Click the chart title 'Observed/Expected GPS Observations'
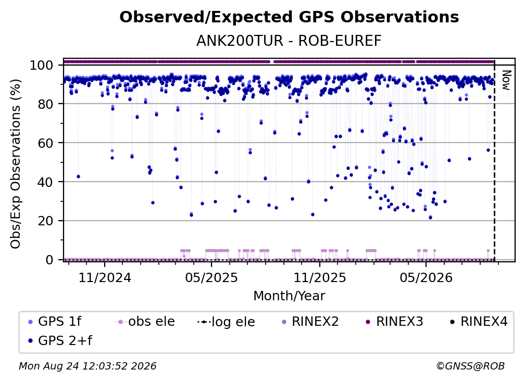pyautogui.click(x=289, y=17)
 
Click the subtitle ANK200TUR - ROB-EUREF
pyautogui.click(x=289, y=41)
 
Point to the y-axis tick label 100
pyautogui.click(x=42, y=65)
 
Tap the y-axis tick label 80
pyautogui.click(x=45, y=104)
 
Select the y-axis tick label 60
pyautogui.click(x=45, y=143)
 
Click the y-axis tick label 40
pyautogui.click(x=45, y=182)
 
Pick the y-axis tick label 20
pyautogui.click(x=45, y=221)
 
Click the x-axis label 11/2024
pyautogui.click(x=105, y=277)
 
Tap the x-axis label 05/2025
pyautogui.click(x=211, y=277)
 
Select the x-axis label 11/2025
pyautogui.click(x=320, y=277)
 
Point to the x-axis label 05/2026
pyautogui.click(x=426, y=277)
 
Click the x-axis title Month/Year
pyautogui.click(x=289, y=296)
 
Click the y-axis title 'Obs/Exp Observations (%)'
pyautogui.click(x=16, y=164)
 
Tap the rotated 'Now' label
pyautogui.click(x=506, y=80)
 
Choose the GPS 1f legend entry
pyautogui.click(x=55, y=322)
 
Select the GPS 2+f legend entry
pyautogui.click(x=60, y=340)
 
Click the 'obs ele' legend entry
pyautogui.click(x=145, y=322)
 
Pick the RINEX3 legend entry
pyautogui.click(x=394, y=322)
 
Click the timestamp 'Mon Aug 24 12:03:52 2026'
pyautogui.click(x=87, y=366)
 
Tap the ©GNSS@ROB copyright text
pyautogui.click(x=470, y=366)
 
